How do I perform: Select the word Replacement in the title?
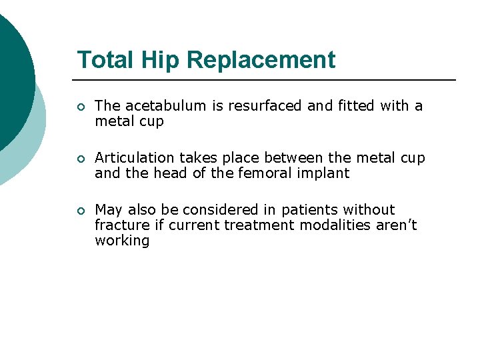(x=261, y=60)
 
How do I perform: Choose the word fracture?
(x=121, y=225)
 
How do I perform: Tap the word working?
(x=122, y=241)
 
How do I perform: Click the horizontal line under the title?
(x=267, y=80)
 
